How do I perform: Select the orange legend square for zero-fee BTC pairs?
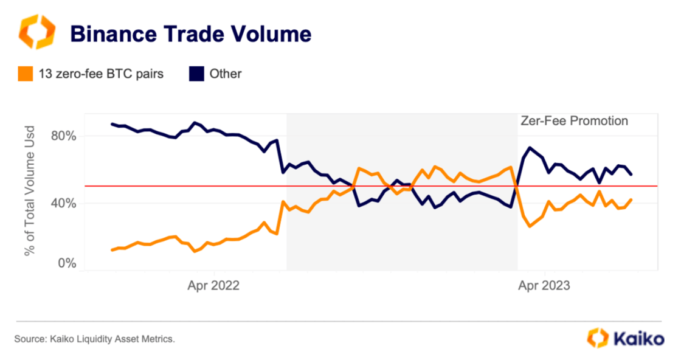24,74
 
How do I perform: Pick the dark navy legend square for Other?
196,74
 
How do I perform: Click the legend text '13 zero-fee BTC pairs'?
101,74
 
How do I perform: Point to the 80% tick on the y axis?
63,136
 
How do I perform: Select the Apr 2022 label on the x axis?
213,285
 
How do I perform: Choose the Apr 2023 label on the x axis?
544,285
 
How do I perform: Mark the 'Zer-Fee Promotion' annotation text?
574,121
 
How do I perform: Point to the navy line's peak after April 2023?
530,147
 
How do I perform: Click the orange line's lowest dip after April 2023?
530,226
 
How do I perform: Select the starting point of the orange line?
112,250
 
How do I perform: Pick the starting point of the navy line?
112,124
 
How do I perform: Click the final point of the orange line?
632,199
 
